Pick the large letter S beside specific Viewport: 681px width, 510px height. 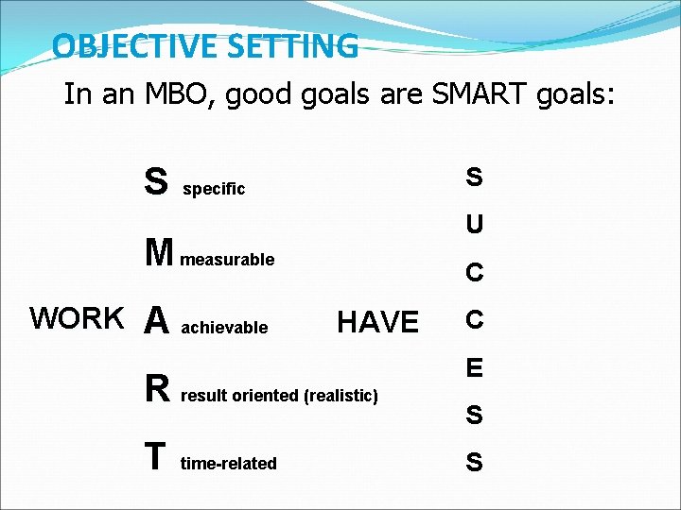coord(156,181)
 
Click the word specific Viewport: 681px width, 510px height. coord(214,189)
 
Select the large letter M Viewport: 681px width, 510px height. coord(159,252)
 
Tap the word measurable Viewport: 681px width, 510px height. coord(228,260)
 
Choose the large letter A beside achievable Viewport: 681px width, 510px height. coord(157,322)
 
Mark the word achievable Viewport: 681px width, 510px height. coord(224,329)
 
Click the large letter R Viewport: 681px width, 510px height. coord(157,389)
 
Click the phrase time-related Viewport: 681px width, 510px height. coord(228,464)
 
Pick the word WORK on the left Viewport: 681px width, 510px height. coord(77,319)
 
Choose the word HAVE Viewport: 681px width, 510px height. coord(377,323)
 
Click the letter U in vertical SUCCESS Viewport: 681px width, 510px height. coord(474,225)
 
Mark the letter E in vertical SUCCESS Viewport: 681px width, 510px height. coord(474,367)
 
